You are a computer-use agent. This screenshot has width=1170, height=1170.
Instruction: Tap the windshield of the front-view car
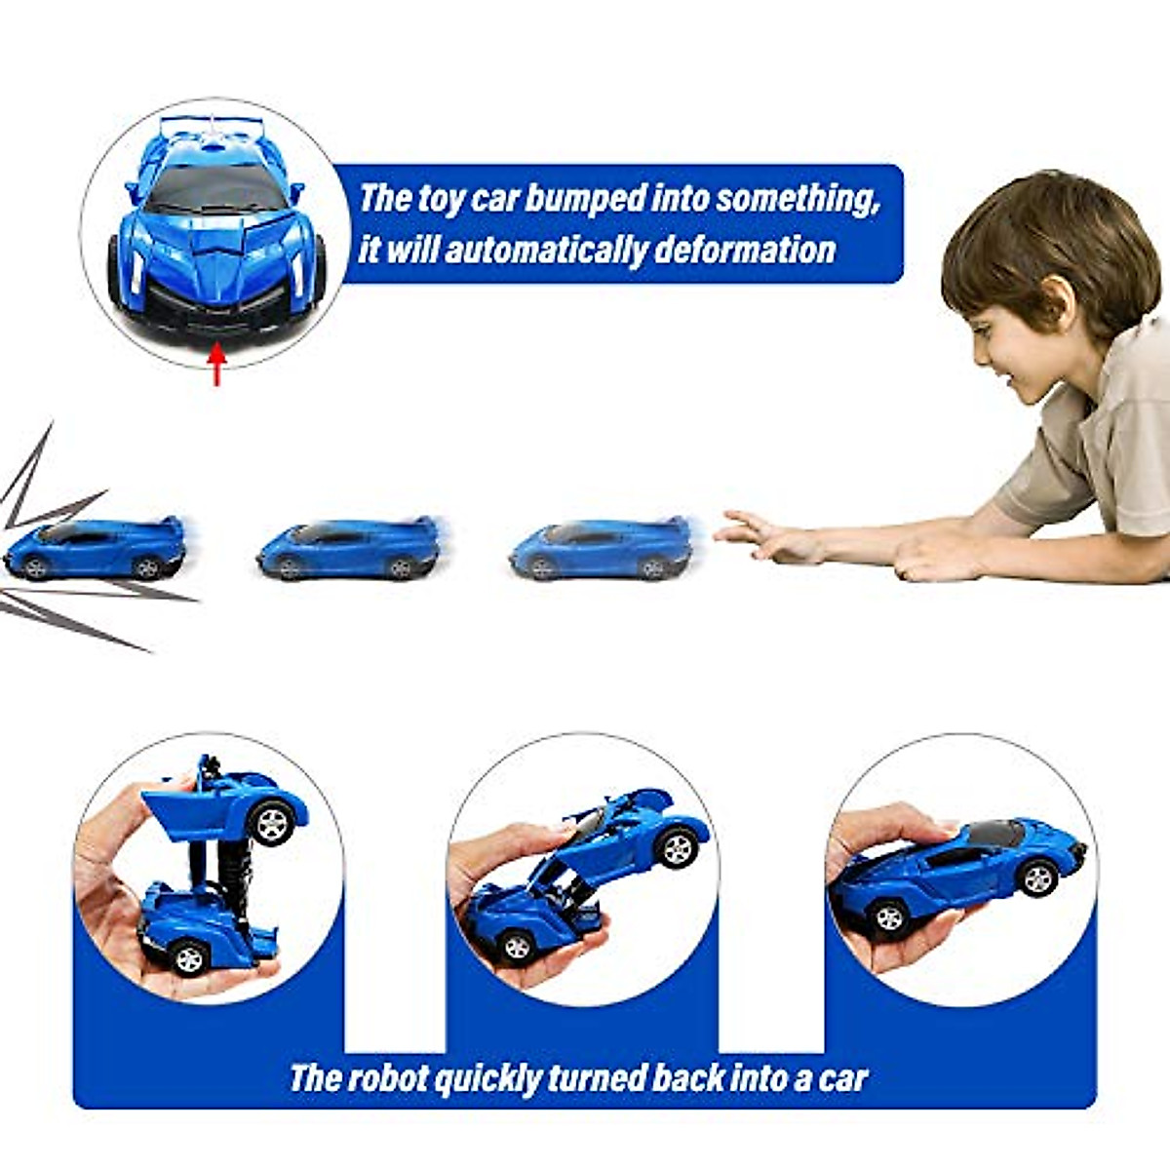[x=216, y=187]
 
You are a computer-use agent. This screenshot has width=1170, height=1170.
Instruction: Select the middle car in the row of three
[x=349, y=549]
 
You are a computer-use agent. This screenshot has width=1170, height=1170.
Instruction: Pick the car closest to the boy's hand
[x=602, y=549]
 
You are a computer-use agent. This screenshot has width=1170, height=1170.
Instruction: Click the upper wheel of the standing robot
[x=272, y=822]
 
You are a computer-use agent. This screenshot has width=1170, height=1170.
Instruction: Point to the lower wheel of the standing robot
[x=187, y=956]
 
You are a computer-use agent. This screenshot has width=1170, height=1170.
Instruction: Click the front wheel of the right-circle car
[x=889, y=916]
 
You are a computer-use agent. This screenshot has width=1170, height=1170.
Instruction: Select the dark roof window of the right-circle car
[x=994, y=834]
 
